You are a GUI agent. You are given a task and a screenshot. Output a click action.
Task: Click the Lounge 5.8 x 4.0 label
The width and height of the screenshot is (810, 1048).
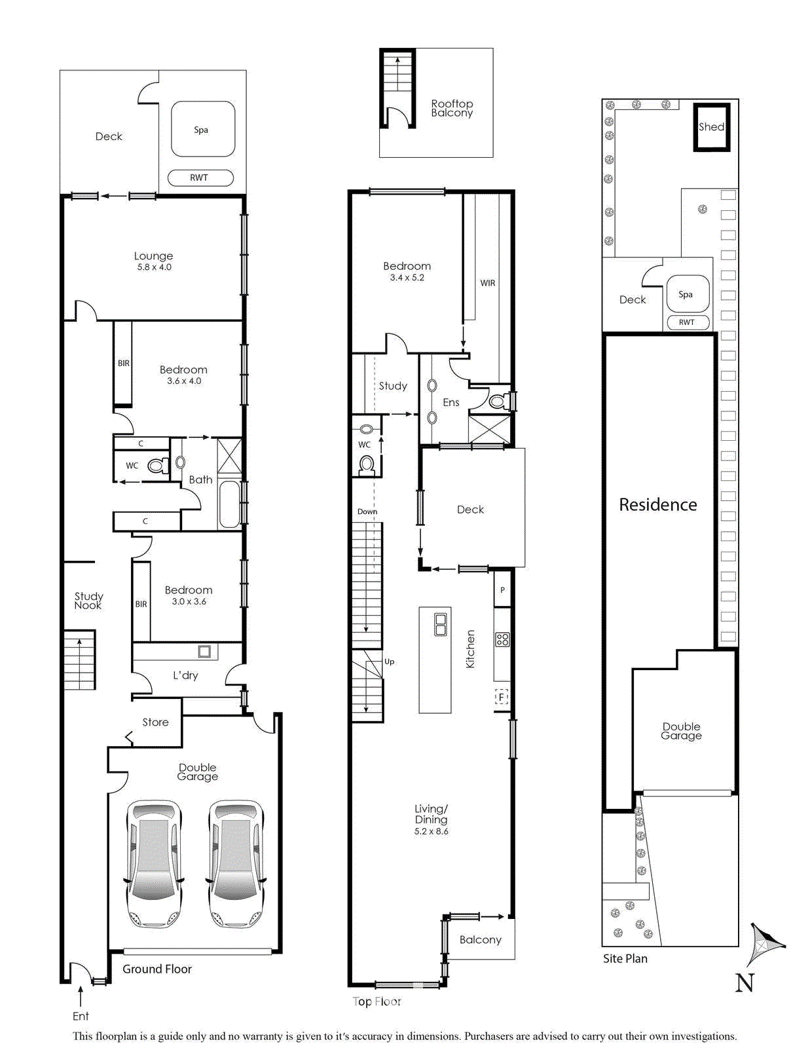(154, 261)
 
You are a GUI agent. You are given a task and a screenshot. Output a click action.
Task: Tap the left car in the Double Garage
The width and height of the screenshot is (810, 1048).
(154, 863)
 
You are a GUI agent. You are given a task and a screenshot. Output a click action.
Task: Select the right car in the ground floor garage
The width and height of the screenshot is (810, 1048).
(236, 863)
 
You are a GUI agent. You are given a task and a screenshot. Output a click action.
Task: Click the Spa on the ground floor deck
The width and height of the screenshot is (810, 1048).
(202, 129)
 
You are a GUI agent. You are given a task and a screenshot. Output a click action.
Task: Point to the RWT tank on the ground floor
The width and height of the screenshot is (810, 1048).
(200, 178)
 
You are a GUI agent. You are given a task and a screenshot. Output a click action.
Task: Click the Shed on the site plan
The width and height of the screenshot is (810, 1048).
(712, 127)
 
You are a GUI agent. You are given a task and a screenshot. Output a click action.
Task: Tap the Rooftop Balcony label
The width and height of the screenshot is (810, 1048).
(452, 108)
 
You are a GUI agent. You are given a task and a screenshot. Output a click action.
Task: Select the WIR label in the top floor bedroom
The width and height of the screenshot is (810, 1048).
(488, 283)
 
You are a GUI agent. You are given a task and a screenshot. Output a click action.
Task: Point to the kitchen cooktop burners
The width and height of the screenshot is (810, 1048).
(502, 639)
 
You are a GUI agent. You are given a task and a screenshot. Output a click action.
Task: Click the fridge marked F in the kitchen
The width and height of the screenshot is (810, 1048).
(502, 697)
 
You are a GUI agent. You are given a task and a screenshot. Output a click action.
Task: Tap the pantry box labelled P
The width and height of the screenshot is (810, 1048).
(502, 590)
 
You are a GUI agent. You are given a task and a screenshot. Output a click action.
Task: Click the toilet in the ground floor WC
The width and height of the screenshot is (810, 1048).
(156, 466)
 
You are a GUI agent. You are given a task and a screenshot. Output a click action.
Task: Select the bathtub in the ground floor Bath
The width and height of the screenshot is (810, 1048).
(229, 504)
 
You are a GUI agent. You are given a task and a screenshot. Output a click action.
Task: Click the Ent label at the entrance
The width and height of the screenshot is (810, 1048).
(81, 1016)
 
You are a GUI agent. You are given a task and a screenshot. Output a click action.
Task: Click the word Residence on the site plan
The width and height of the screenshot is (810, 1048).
(658, 504)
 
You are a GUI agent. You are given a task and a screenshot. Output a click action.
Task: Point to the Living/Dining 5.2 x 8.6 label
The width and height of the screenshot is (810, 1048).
(431, 819)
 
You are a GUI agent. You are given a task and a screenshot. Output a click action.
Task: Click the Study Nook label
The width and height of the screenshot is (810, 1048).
(88, 600)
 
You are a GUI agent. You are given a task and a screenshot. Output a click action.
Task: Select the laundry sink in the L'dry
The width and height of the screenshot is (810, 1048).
(205, 651)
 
